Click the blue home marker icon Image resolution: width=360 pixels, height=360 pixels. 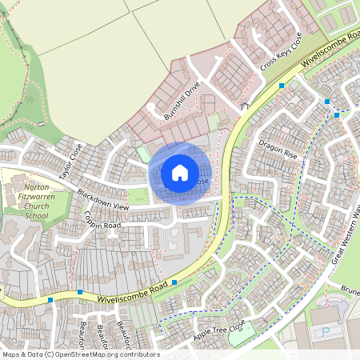(180, 172)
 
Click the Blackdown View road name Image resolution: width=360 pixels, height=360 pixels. (103, 200)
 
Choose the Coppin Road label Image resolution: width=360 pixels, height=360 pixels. (103, 220)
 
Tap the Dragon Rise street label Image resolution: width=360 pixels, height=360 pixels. (278, 149)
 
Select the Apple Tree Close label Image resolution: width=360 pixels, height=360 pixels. (218, 328)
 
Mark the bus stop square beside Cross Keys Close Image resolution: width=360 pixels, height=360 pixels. (282, 85)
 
